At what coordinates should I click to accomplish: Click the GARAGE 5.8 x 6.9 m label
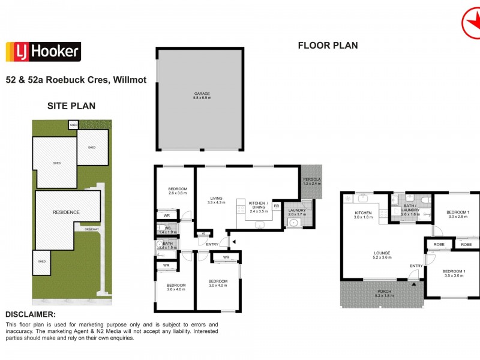(202, 96)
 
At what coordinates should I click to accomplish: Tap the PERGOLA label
(312, 182)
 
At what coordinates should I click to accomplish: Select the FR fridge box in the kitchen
(277, 206)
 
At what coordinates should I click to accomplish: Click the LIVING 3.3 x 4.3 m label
(216, 200)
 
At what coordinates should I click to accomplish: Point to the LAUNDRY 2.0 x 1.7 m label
(297, 212)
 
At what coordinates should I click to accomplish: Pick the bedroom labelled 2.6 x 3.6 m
(178, 191)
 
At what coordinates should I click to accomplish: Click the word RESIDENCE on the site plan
(66, 212)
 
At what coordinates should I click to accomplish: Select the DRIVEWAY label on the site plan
(92, 229)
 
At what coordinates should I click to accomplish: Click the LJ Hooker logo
(43, 52)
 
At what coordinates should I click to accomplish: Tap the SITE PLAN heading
(71, 106)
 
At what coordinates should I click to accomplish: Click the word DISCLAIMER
(31, 314)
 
